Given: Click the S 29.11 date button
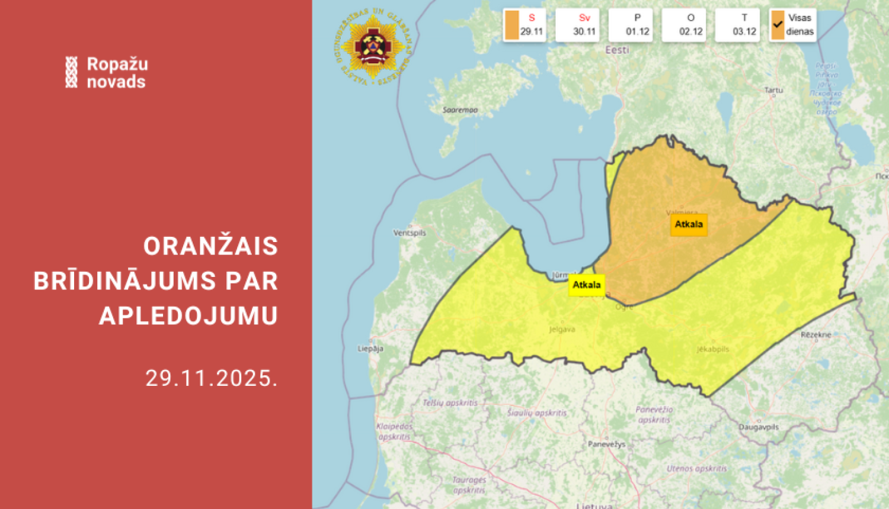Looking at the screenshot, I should pyautogui.click(x=525, y=25).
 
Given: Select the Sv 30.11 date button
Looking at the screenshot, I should pyautogui.click(x=578, y=25).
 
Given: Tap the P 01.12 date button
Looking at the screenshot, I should pyautogui.click(x=631, y=25).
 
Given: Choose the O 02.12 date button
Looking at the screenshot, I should pyautogui.click(x=685, y=25).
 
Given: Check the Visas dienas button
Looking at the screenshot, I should pyautogui.click(x=793, y=25).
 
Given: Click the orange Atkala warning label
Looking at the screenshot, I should pyautogui.click(x=689, y=224).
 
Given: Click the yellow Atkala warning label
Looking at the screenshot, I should pyautogui.click(x=587, y=285).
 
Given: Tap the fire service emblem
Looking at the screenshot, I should pyautogui.click(x=373, y=46).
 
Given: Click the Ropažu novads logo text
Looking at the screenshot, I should pyautogui.click(x=117, y=72).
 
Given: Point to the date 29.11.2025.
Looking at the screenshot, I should pyautogui.click(x=212, y=378).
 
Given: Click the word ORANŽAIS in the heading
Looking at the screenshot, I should pyautogui.click(x=210, y=246).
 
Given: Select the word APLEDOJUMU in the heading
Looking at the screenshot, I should pyautogui.click(x=188, y=315).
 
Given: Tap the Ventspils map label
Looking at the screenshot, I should pyautogui.click(x=410, y=233).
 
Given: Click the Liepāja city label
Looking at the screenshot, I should pyautogui.click(x=370, y=349).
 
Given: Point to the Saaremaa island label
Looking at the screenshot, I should pyautogui.click(x=460, y=110).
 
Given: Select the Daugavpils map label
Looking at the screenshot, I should pyautogui.click(x=759, y=427).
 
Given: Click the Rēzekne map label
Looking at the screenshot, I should pyautogui.click(x=816, y=334).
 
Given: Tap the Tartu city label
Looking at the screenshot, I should pyautogui.click(x=773, y=90).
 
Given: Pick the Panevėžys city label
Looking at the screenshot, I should pyautogui.click(x=606, y=444).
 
